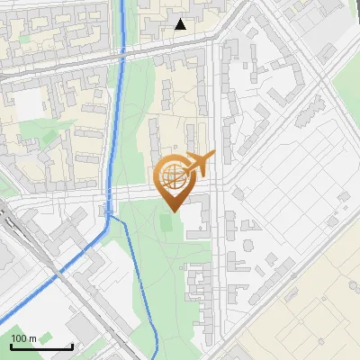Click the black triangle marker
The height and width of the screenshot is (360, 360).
[181, 24]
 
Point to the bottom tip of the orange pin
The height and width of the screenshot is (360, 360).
[175, 211]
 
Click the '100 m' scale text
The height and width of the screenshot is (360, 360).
[23, 338]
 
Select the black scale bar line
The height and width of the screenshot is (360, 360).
[41, 346]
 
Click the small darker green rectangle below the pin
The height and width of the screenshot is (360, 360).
[168, 220]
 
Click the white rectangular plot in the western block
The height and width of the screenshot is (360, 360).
[29, 103]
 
